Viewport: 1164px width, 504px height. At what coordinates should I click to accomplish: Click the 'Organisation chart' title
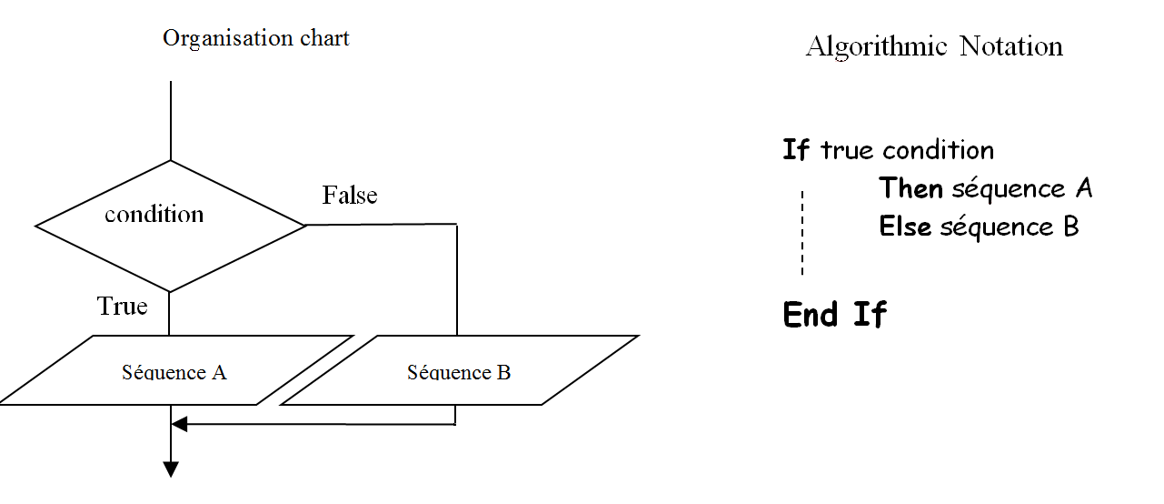tap(255, 38)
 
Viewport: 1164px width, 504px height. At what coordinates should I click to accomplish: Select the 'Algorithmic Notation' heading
tap(934, 46)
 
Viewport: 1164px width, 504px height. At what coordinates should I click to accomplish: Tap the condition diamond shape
tap(169, 225)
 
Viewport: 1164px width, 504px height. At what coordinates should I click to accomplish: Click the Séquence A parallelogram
tap(174, 371)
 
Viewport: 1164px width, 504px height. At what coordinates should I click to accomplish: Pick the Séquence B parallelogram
tap(459, 371)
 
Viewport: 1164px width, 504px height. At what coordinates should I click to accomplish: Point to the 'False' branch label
tap(349, 196)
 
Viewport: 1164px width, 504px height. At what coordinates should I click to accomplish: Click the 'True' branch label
tap(122, 307)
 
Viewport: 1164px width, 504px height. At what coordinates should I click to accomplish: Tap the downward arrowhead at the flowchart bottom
tap(170, 469)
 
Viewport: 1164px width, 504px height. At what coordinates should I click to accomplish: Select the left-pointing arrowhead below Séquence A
tap(179, 424)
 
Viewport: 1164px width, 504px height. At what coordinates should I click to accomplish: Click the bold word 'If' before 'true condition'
tap(795, 150)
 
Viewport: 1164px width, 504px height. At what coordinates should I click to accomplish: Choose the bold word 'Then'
tap(910, 188)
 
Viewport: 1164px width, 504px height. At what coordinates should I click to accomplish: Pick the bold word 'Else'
tap(905, 227)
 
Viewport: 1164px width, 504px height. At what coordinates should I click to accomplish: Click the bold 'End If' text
tap(834, 315)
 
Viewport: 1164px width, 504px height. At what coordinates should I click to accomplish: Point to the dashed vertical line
tap(802, 233)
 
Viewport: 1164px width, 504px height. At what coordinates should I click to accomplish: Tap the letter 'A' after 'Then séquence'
tap(1082, 188)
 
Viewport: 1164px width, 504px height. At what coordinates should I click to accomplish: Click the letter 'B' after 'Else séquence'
tap(1069, 227)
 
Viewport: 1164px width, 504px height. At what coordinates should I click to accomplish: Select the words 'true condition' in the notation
tap(907, 150)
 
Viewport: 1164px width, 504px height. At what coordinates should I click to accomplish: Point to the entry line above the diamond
tap(170, 120)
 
